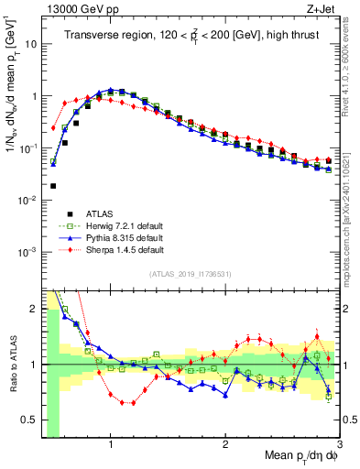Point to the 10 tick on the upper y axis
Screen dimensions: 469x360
[x=31, y=43]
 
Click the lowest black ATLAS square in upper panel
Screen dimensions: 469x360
[x=53, y=185]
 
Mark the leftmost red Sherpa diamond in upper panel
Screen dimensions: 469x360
[x=53, y=128]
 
